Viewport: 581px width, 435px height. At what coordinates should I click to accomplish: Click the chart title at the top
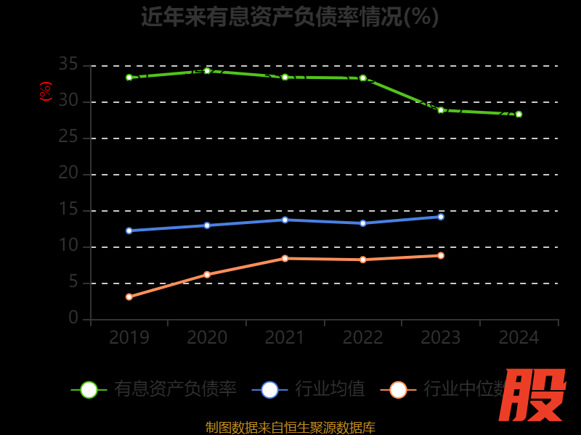[x=290, y=16]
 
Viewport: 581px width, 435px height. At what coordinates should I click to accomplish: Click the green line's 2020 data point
[x=207, y=70]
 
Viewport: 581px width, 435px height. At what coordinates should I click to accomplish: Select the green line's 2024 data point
[x=519, y=114]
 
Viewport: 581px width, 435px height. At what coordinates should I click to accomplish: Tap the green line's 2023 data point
[x=441, y=110]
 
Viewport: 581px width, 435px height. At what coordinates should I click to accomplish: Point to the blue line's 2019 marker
[x=129, y=231]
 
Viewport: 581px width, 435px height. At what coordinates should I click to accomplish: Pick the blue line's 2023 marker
[x=441, y=217]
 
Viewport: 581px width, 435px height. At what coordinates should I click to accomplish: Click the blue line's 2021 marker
[x=285, y=220]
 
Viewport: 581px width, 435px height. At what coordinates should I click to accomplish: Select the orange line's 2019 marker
[x=129, y=297]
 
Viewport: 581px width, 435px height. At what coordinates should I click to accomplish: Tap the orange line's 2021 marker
[x=285, y=258]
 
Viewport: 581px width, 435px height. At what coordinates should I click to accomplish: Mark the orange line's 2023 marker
[x=441, y=255]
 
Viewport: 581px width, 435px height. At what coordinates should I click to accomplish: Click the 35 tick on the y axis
[x=68, y=65]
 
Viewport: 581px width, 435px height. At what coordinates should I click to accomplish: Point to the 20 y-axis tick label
[x=68, y=174]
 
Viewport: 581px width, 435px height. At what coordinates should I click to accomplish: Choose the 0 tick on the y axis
[x=73, y=318]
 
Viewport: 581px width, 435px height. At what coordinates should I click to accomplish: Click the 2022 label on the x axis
[x=363, y=338]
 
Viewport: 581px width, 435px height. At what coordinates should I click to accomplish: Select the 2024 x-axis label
[x=519, y=338]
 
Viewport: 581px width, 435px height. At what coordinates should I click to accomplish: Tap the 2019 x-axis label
[x=129, y=338]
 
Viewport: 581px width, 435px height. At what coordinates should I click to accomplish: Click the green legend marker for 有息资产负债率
[x=89, y=389]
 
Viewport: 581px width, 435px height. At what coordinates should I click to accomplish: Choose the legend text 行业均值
[x=330, y=389]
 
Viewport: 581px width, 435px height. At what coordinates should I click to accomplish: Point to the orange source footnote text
[x=290, y=428]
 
